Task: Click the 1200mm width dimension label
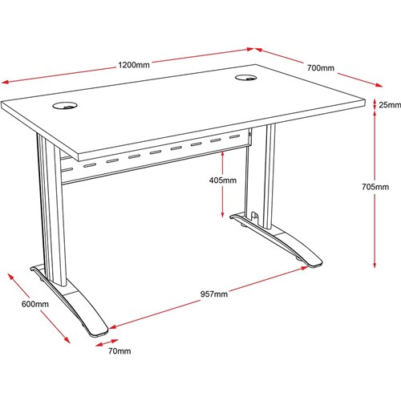point(134,65)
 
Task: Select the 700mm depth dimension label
point(321,68)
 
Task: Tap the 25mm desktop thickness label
point(390,105)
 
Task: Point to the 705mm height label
point(375,187)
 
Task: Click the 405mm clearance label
point(223,180)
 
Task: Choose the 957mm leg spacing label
point(214,294)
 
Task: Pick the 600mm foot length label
point(35,304)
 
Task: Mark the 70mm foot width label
point(119,351)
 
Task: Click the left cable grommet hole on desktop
point(65,106)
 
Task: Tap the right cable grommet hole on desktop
point(245,78)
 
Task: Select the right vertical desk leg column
point(269,176)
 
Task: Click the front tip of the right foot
point(315,265)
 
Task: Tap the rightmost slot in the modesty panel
point(234,137)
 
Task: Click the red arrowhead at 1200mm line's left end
point(6,82)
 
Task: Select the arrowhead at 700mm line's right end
point(379,85)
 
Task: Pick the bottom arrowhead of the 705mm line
point(375,264)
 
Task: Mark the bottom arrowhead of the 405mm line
point(222,213)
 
